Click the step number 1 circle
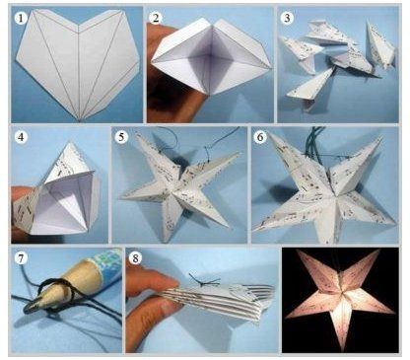pyautogui.click(x=21, y=18)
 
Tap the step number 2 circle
pyautogui.click(x=156, y=18)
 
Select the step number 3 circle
pyautogui.click(x=287, y=18)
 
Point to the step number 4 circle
pyautogui.click(x=21, y=137)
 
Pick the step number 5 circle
pyautogui.click(x=121, y=137)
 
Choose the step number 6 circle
pyautogui.click(x=260, y=137)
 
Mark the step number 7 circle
pyautogui.click(x=21, y=258)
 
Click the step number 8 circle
pyautogui.click(x=135, y=258)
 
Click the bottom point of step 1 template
pyautogui.click(x=80, y=120)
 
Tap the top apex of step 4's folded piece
pyautogui.click(x=70, y=142)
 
